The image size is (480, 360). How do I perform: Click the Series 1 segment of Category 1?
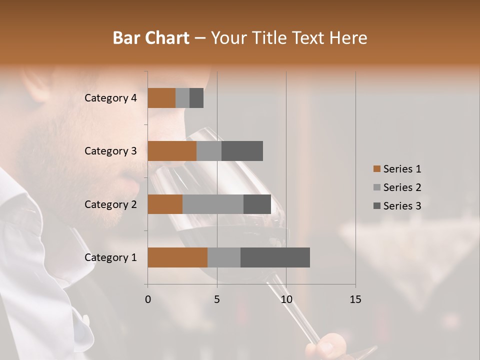pos(177,257)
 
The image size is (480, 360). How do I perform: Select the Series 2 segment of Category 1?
pos(224,257)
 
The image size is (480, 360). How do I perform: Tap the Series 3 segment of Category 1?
pos(275,257)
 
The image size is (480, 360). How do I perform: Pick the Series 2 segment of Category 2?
pos(213,204)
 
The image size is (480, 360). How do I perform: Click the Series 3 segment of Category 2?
pos(257,204)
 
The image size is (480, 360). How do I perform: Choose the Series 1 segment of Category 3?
pos(172,151)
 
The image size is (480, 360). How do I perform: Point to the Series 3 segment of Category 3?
pos(242,151)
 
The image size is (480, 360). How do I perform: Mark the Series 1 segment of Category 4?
pos(161,98)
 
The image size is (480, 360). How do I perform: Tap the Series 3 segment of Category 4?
pos(196,98)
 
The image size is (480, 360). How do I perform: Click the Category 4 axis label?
pos(110,98)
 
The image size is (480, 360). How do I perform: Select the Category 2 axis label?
pos(110,204)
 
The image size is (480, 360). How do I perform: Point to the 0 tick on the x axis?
pos(148,299)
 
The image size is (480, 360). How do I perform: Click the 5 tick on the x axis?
pos(217,299)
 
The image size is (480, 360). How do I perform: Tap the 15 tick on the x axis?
pos(355,299)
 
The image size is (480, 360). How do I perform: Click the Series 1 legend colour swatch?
pos(376,169)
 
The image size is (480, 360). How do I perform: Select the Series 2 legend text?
pos(402,187)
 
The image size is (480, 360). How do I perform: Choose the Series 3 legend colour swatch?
pos(376,206)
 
